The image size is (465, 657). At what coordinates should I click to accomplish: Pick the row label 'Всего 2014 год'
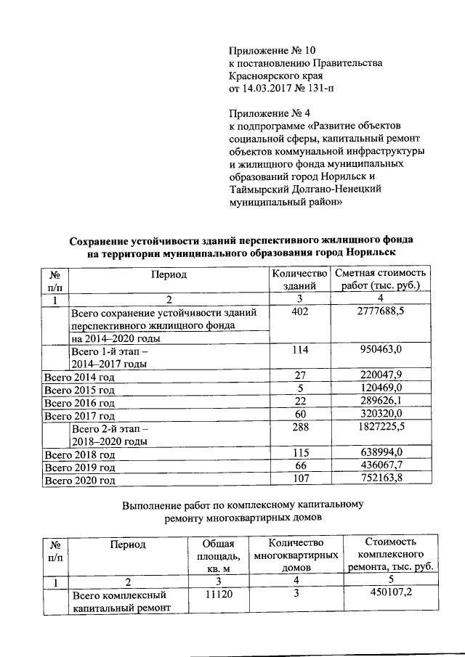(79, 377)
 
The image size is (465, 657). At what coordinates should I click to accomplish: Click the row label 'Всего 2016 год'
(79, 403)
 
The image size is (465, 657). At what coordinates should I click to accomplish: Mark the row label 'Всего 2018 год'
(79, 454)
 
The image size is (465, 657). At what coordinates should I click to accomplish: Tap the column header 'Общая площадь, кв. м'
(218, 556)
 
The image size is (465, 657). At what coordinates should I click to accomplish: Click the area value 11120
(218, 595)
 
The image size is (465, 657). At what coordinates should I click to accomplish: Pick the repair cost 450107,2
(390, 595)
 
